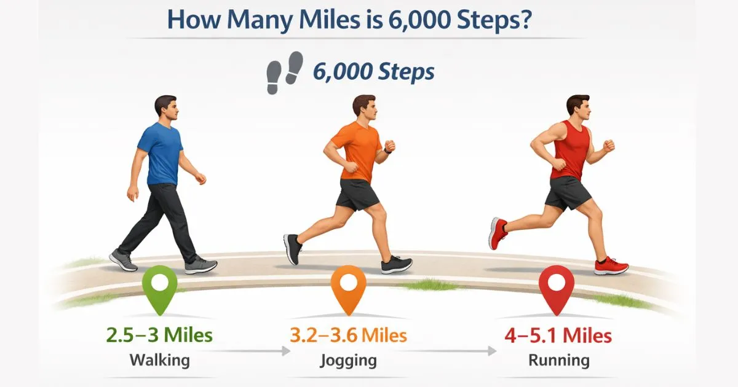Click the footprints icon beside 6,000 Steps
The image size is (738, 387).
click(x=285, y=72)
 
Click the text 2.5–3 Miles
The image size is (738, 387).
click(x=159, y=335)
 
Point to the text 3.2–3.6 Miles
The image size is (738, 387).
click(x=349, y=335)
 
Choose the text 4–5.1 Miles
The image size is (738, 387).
click(x=558, y=336)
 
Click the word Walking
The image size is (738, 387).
click(x=159, y=360)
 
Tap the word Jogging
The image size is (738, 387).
click(x=348, y=361)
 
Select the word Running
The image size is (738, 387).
click(x=558, y=361)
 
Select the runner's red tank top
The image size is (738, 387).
click(x=569, y=150)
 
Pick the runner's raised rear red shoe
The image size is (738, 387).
click(x=498, y=233)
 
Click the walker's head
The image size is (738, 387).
click(x=167, y=109)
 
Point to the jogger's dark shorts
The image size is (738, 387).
click(x=356, y=193)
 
